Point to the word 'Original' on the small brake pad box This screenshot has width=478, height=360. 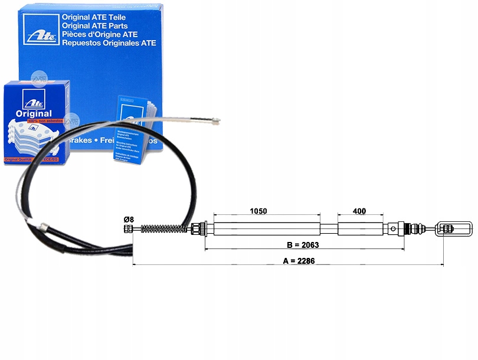[34, 113]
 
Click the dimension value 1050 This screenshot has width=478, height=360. [258, 211]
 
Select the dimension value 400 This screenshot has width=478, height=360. [358, 211]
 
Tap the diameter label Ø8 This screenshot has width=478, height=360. [129, 220]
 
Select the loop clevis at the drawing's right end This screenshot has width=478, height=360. [454, 228]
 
